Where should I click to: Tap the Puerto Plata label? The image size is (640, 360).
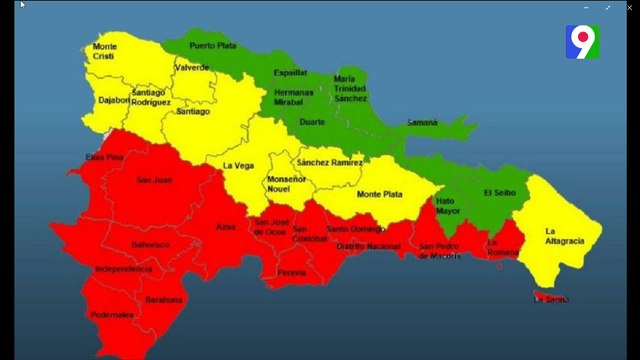pos(212,45)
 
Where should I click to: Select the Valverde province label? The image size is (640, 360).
pos(192,68)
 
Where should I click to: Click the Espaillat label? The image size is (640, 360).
pos(291,73)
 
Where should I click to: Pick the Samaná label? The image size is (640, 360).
pos(422,122)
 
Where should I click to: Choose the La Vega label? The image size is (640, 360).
pos(238,165)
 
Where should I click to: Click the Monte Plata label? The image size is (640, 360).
pos(381,194)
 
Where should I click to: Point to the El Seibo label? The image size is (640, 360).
pos(499,192)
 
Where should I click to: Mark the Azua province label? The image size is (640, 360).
pos(226,227)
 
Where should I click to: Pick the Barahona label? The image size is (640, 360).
pos(164,299)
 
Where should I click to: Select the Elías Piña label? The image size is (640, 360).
pos(104,157)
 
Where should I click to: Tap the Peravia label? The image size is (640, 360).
pos(292,272)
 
